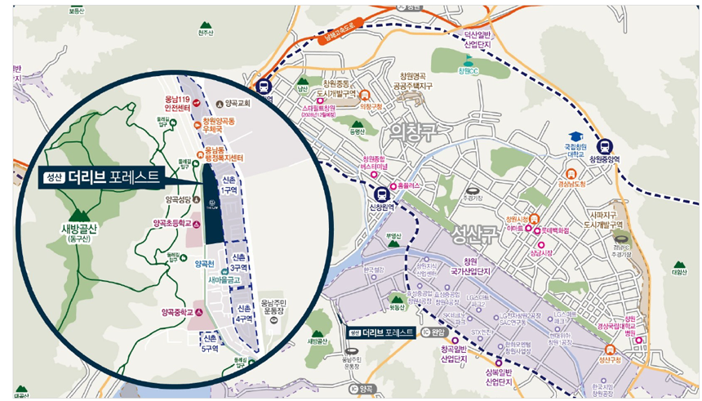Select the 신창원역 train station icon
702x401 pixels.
point(381,194)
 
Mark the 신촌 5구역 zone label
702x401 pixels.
point(211,342)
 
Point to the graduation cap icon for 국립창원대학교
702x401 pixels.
point(575,135)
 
